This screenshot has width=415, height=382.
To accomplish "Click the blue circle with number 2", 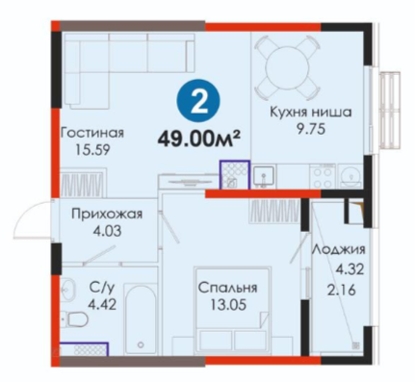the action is tap(199, 104).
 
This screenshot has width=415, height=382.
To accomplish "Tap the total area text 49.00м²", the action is tap(198, 140).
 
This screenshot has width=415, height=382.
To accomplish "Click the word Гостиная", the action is tap(92, 133).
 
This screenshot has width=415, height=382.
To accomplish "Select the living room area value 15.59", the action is tap(92, 149).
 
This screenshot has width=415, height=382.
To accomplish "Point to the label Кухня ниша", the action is tap(311, 113).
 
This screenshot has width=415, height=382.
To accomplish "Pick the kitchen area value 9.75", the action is tap(311, 130).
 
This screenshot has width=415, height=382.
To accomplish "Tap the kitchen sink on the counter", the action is tap(263, 176).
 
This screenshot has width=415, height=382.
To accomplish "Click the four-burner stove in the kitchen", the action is tap(323, 177).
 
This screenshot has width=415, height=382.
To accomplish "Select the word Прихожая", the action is tap(107, 214).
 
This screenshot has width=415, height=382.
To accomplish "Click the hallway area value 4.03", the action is tap(107, 231).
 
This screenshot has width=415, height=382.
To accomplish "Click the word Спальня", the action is tap(227, 288).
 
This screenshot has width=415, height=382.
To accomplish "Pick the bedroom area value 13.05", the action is tap(228, 304).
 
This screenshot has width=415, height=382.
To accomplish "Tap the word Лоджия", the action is tap(339, 250).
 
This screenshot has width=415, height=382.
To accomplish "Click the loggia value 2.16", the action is tap(342, 291).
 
